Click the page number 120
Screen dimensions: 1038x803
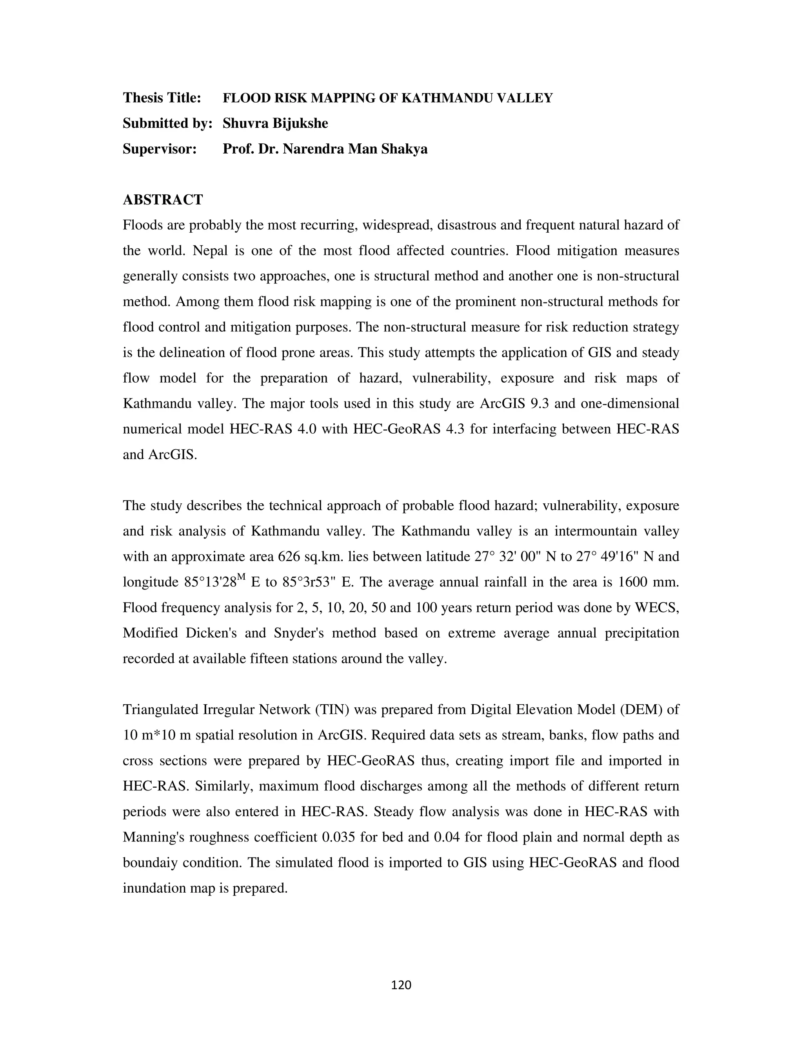[x=401, y=985]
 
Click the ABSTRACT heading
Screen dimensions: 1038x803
[x=163, y=200]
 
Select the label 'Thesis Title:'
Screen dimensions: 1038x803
[x=162, y=98]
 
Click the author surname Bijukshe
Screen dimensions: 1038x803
[x=300, y=123]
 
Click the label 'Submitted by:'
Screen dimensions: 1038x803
[x=167, y=123]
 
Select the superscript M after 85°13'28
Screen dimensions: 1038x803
[x=241, y=577]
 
